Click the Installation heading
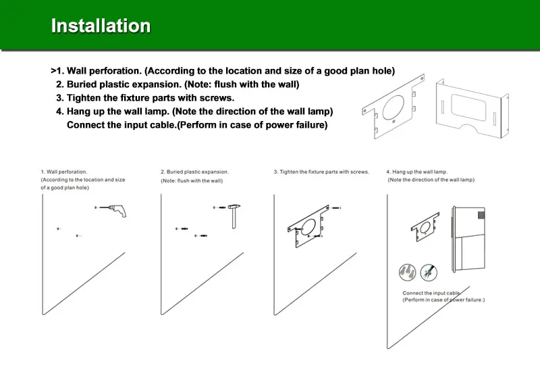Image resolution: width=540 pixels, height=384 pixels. (x=101, y=26)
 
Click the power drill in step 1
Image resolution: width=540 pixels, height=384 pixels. (x=117, y=210)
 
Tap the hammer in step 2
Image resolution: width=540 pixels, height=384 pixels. (x=234, y=216)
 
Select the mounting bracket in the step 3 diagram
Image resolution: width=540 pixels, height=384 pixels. (x=309, y=226)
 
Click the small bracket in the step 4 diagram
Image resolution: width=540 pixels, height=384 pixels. (x=425, y=227)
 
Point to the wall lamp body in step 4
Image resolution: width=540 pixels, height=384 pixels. (x=468, y=239)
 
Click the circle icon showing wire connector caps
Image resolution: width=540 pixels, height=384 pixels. (x=408, y=272)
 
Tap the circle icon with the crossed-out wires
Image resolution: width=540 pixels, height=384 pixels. (x=429, y=272)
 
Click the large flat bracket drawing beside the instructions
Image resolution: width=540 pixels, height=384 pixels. (x=394, y=106)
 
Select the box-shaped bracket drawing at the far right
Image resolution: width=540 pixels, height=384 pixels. (x=472, y=108)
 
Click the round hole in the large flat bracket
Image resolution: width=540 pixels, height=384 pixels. (x=394, y=107)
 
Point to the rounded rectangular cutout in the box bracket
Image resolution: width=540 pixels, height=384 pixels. (x=468, y=107)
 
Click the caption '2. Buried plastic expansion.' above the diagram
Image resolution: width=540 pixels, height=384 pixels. (x=194, y=172)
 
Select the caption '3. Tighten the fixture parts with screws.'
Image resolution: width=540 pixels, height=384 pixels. (x=321, y=172)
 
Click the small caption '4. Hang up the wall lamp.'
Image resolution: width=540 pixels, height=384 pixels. (x=416, y=172)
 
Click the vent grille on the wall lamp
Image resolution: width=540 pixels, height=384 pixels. (x=481, y=216)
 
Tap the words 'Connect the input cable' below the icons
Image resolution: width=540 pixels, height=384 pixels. (x=431, y=293)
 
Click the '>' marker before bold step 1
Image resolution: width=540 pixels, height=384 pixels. (x=53, y=71)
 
